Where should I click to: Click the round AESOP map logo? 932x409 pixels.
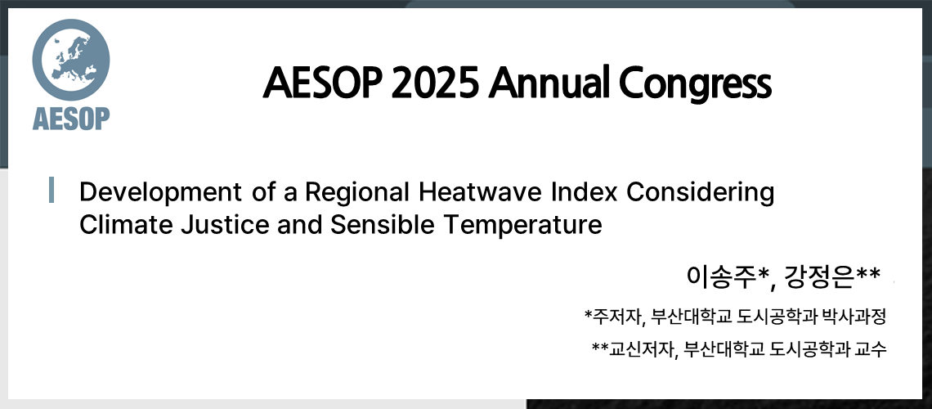point(71,60)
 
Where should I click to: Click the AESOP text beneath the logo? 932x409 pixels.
point(71,118)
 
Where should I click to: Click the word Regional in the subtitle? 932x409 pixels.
point(356,194)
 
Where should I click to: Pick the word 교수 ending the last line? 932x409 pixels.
point(872,348)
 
